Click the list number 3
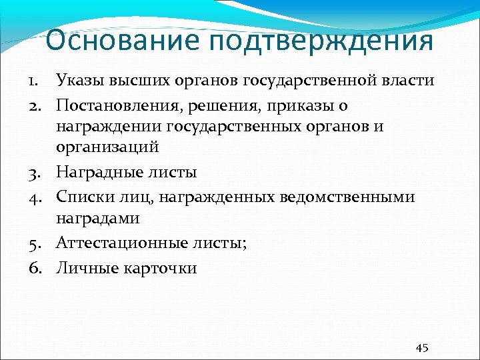coord(34,173)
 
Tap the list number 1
coord(34,81)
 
